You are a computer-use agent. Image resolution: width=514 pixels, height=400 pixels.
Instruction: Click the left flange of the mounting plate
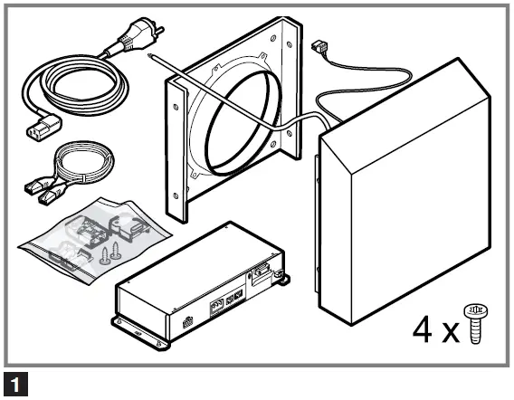coord(176,149)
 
